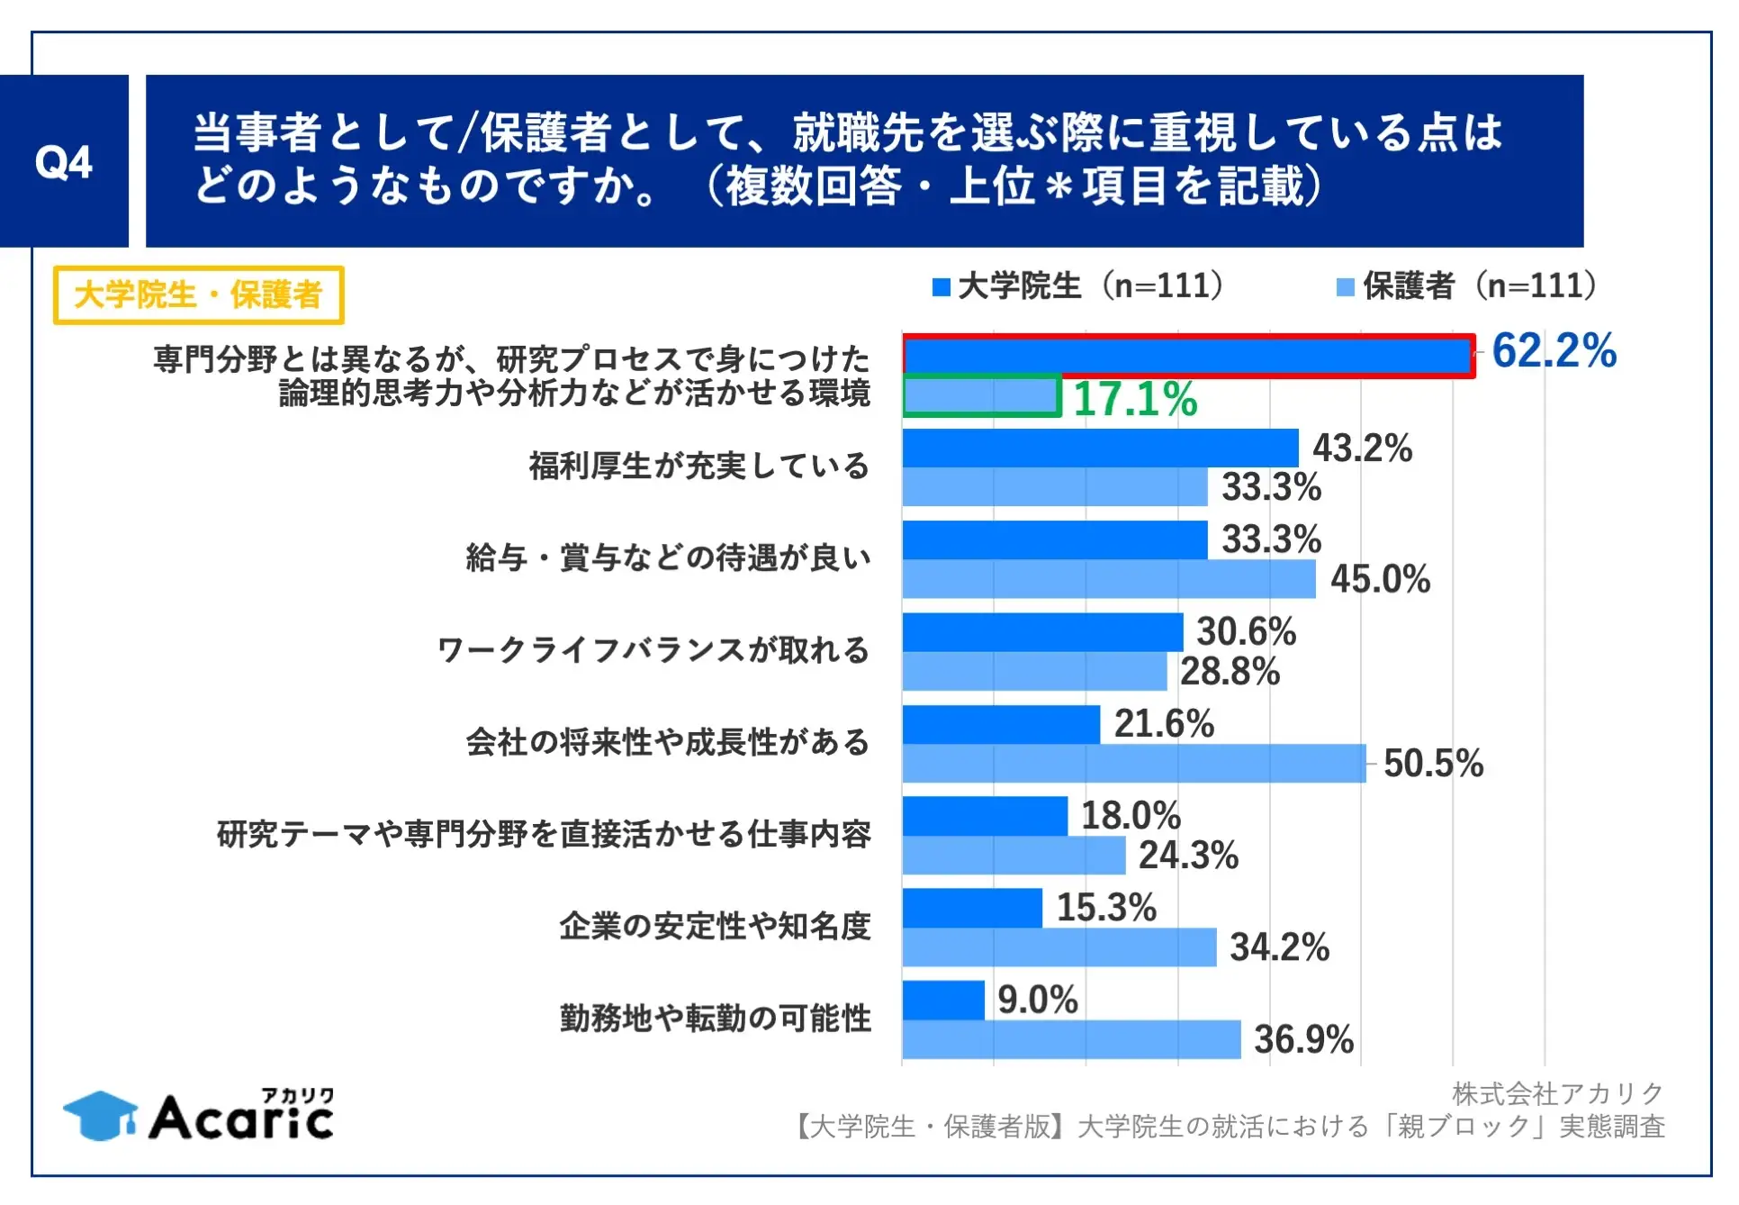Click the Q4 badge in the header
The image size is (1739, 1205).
64,162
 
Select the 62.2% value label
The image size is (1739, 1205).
1554,350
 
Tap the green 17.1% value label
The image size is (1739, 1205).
1135,399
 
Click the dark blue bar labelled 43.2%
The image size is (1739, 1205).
1100,448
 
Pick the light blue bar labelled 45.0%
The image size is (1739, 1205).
1109,579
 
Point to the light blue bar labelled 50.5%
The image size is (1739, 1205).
1134,763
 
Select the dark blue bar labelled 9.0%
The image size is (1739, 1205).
943,1000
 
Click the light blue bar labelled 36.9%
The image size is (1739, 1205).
1071,1039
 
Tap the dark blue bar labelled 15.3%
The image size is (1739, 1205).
972,908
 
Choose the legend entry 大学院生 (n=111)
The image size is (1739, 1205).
1078,286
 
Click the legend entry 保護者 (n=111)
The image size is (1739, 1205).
1467,286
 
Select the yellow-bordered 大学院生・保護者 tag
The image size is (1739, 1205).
198,294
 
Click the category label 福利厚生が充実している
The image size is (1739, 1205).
698,467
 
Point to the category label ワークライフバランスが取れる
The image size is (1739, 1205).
653,650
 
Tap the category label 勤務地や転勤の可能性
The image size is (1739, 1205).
716,1019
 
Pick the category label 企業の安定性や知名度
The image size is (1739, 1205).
715,926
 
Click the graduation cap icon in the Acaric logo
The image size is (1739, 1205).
100,1116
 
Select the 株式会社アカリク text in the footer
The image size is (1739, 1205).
1558,1093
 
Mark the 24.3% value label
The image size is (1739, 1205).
1188,856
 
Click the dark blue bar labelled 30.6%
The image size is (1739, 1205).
1042,632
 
